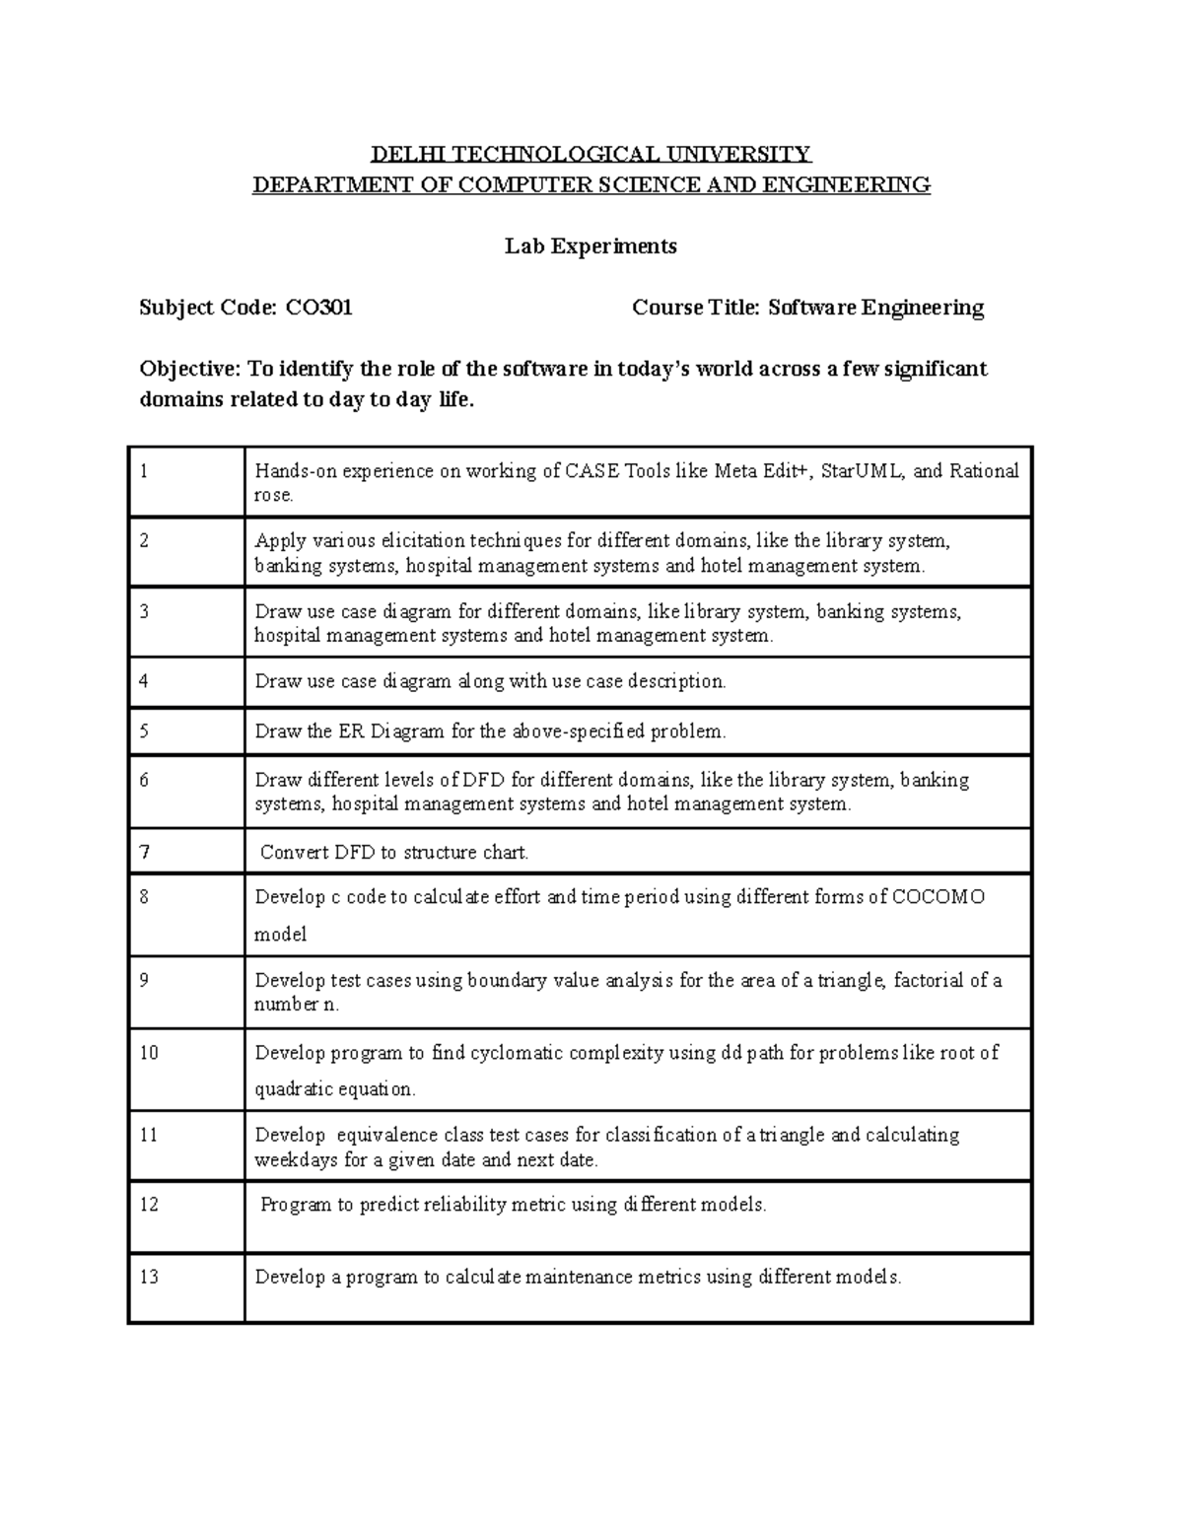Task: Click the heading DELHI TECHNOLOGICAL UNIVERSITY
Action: click(x=591, y=154)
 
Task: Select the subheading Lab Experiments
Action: click(x=591, y=246)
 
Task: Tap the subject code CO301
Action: click(x=318, y=309)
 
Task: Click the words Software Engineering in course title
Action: click(x=875, y=309)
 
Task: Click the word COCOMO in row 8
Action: click(x=938, y=897)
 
